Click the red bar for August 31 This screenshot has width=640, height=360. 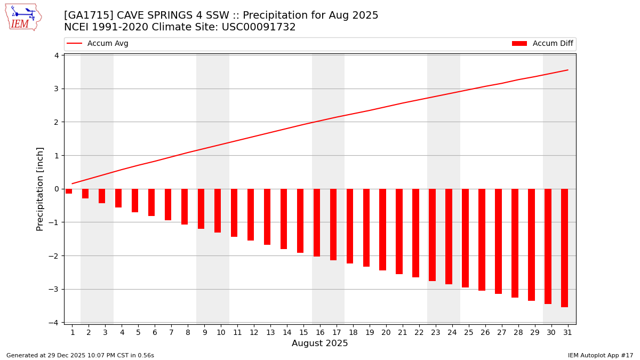pos(564,247)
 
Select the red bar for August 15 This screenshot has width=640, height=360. pos(300,220)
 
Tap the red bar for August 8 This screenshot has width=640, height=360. pos(185,206)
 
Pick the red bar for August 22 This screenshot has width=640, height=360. pos(415,233)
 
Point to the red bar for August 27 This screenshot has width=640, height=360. pos(498,241)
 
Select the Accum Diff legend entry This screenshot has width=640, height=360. pos(542,44)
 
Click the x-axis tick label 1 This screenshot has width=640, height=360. pos(73,332)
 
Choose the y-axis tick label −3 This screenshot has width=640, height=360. pos(54,289)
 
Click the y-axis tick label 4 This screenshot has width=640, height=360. pos(56,55)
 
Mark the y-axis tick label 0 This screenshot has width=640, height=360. pos(56,189)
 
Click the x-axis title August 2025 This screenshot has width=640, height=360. pos(319,343)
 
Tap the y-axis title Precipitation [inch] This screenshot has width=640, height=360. pos(40,189)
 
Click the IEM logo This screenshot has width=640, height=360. pos(23,17)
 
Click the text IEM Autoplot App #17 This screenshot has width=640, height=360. pos(601,355)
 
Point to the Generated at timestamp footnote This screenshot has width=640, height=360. pos(80,355)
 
